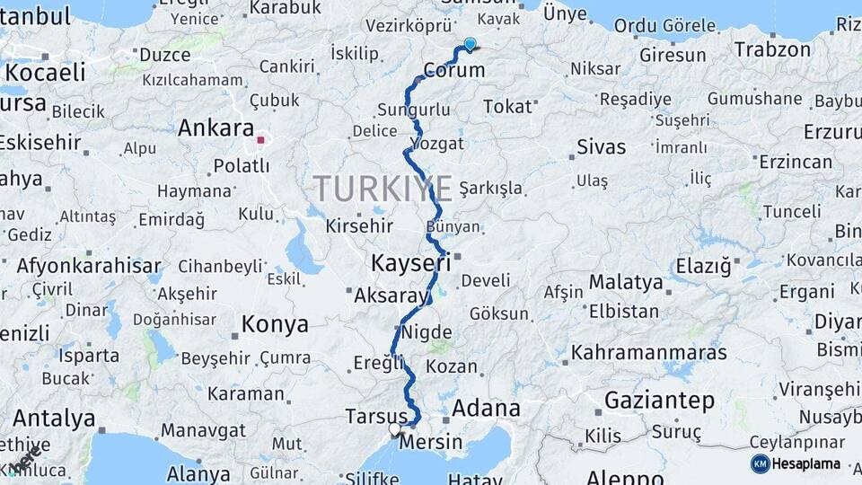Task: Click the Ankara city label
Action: [215, 128]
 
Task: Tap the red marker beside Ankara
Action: [260, 140]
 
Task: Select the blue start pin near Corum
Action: [470, 44]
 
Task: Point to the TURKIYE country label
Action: [383, 189]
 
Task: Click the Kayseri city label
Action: [410, 263]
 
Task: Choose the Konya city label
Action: [275, 324]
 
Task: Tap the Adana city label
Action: [486, 409]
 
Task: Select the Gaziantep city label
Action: [660, 400]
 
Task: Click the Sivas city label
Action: [601, 146]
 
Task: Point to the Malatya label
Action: [626, 283]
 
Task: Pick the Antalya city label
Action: [54, 419]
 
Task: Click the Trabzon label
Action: [773, 49]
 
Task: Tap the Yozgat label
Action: [437, 144]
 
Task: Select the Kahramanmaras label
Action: [648, 352]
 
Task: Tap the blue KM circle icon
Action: [760, 463]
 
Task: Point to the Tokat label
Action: [507, 107]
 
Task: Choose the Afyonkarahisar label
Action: [89, 266]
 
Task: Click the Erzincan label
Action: [796, 162]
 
